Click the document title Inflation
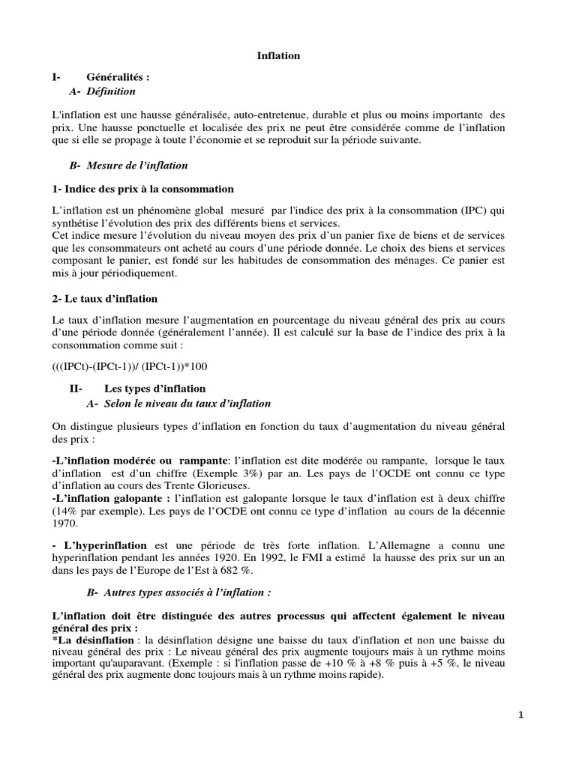click(279, 55)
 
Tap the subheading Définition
click(111, 91)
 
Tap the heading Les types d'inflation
click(154, 389)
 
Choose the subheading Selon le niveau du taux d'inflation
click(178, 403)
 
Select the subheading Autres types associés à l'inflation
click(178, 592)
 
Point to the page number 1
click(521, 715)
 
